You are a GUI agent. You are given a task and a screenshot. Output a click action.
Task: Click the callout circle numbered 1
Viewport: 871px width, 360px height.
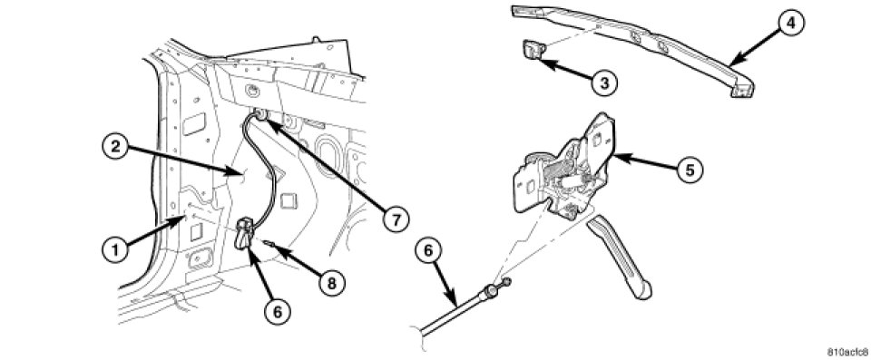pyautogui.click(x=115, y=249)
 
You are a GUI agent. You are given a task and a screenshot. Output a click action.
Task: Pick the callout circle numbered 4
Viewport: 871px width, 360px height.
pyautogui.click(x=791, y=24)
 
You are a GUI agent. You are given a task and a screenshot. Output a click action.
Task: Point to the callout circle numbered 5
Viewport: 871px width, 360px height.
pyautogui.click(x=690, y=170)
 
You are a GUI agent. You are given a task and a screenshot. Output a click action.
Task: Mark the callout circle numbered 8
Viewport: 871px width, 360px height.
pyautogui.click(x=332, y=283)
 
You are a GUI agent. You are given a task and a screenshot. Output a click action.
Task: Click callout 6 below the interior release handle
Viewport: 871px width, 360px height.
pyautogui.click(x=278, y=311)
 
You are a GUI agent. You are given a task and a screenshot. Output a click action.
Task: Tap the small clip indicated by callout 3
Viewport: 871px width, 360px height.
pyautogui.click(x=533, y=50)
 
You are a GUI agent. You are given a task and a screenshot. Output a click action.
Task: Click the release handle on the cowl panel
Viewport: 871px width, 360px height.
pyautogui.click(x=245, y=235)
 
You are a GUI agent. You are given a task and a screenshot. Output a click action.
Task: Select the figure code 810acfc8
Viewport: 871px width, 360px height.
pyautogui.click(x=847, y=352)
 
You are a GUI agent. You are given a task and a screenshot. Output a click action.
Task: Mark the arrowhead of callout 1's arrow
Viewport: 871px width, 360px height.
pyautogui.click(x=179, y=221)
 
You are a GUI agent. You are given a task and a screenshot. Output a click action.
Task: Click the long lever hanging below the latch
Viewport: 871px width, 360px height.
pyautogui.click(x=620, y=257)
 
